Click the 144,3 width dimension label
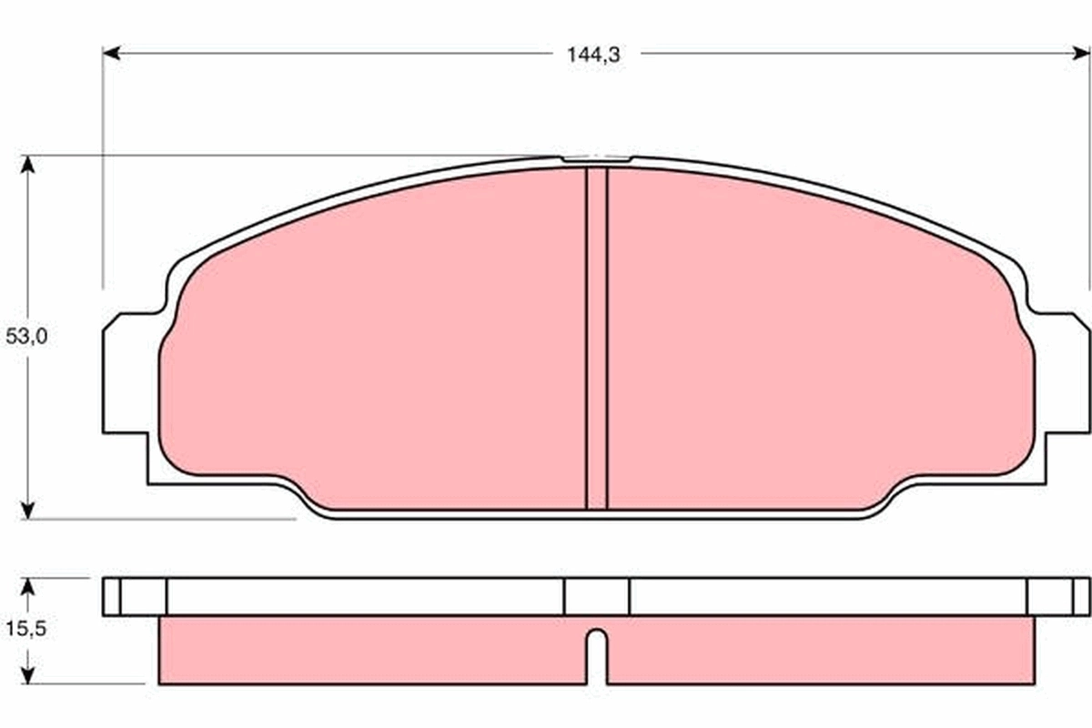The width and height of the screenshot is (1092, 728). [593, 55]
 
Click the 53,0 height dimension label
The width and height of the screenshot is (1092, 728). [26, 337]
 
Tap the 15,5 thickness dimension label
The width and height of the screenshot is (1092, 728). [25, 629]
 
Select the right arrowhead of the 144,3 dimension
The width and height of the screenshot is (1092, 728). [1082, 54]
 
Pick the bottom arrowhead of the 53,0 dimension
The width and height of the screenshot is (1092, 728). [28, 511]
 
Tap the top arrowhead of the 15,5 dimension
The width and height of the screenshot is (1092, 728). [28, 585]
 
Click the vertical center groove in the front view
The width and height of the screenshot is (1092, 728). [596, 337]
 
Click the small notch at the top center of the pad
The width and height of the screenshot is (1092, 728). [596, 160]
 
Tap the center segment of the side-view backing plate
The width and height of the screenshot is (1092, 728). [596, 597]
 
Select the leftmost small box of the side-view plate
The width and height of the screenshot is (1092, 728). [111, 597]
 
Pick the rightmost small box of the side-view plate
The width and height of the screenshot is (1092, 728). [1081, 597]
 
